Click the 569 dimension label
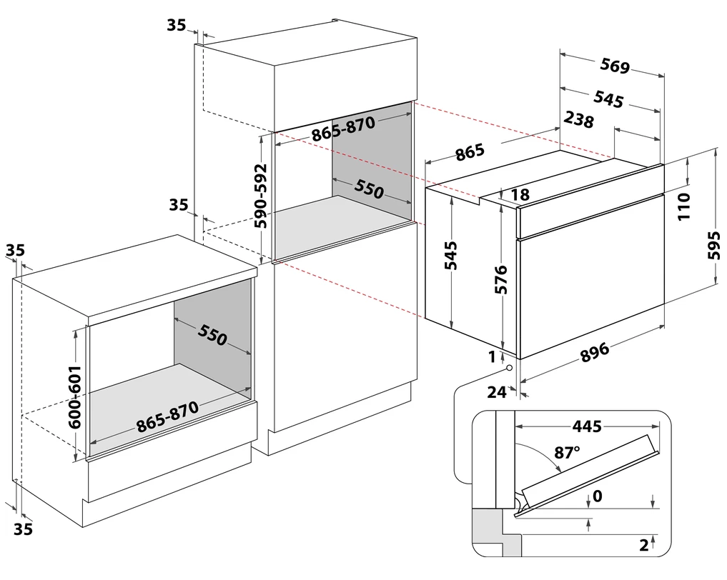(x=615, y=66)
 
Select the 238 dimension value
(x=579, y=120)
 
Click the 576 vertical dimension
(x=500, y=280)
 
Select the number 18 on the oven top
(x=520, y=194)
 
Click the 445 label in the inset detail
(x=586, y=426)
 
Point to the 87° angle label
(x=567, y=453)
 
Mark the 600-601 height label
(x=74, y=396)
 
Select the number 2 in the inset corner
(x=643, y=546)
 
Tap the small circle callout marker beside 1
(x=509, y=369)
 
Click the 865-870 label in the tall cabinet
(x=342, y=129)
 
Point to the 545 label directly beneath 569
(x=608, y=99)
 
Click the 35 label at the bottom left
(x=24, y=529)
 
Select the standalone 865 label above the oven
(x=470, y=152)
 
